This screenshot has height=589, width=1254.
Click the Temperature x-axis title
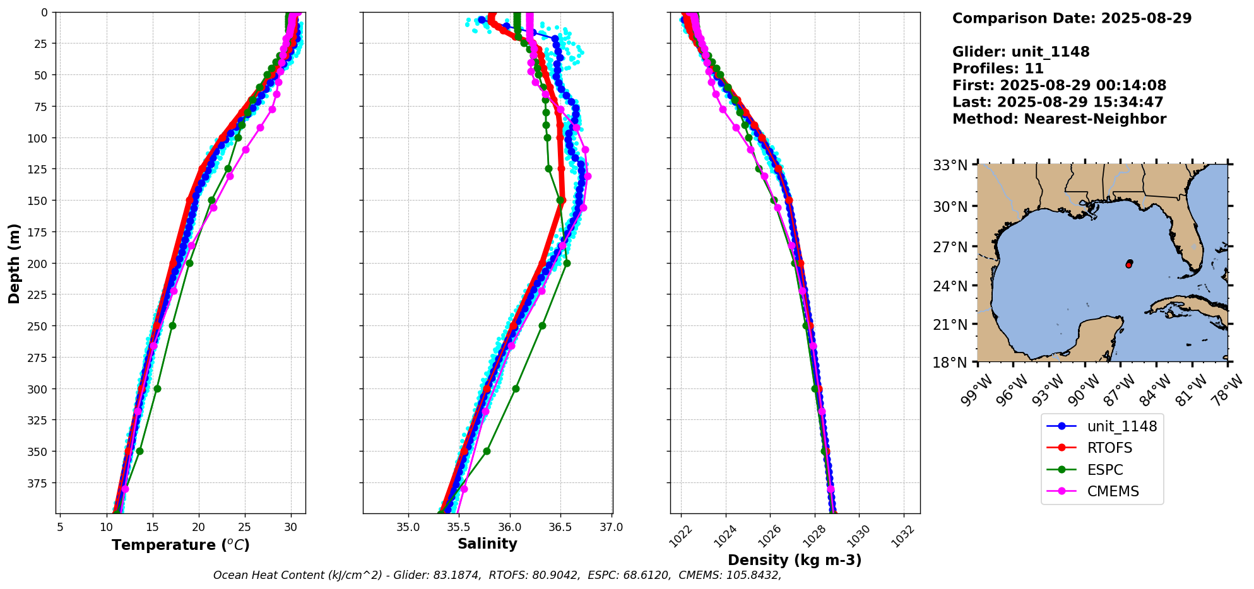[180, 545]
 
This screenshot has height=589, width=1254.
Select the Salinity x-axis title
[487, 544]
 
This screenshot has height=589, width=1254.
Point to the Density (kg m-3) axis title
[794, 560]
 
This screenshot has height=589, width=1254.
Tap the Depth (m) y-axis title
[15, 263]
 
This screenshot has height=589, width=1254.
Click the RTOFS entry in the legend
[1109, 448]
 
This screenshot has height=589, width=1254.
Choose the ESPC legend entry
[1104, 470]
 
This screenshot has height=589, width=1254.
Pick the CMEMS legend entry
[1113, 491]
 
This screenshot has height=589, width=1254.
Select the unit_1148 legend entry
[1121, 426]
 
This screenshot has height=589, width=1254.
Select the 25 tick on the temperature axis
[244, 527]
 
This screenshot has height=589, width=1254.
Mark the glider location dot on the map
[1128, 264]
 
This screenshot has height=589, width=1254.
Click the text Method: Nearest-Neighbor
[1059, 119]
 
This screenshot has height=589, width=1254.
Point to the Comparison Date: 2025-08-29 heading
[1072, 18]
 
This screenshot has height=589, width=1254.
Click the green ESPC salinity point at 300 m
[516, 388]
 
